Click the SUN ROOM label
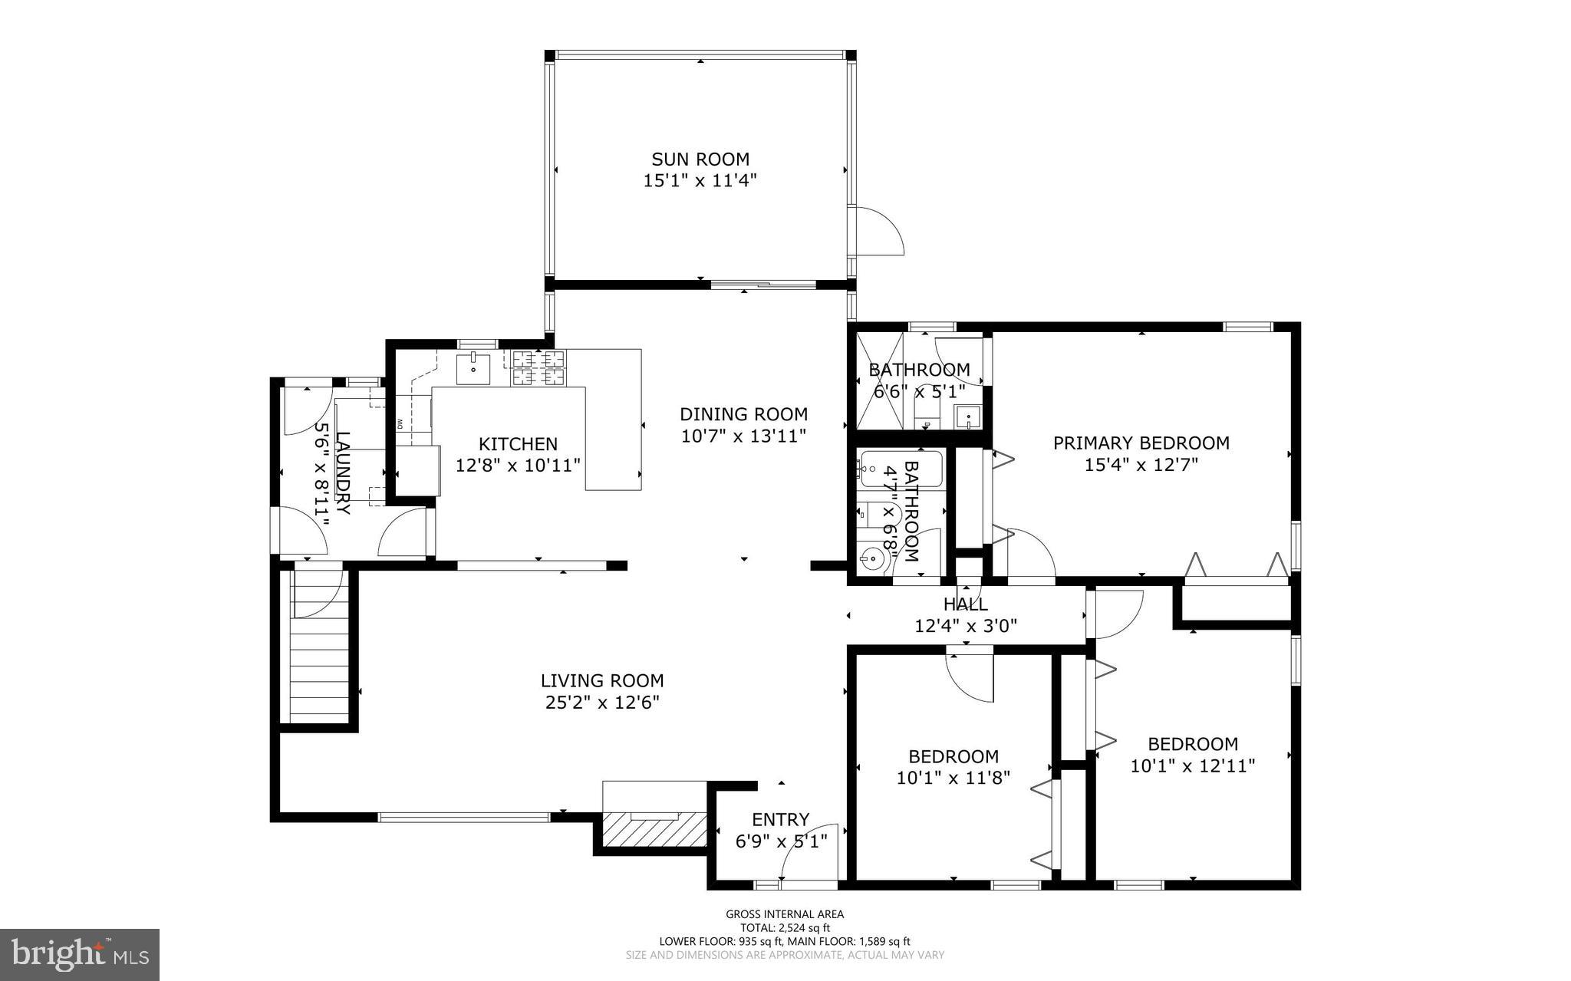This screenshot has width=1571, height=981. pos(700,160)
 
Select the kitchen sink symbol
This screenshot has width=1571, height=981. pos(473,368)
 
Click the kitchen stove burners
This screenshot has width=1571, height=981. pos(538,367)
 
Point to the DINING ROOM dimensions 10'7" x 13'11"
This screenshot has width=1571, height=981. pos(743,436)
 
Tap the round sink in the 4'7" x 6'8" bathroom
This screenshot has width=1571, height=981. pos(871,560)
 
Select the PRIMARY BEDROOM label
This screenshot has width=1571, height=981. pos(1141,443)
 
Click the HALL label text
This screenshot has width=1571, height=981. pos(965,604)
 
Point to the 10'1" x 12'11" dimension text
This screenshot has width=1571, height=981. pos(1192,765)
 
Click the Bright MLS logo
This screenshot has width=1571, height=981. pos(80,954)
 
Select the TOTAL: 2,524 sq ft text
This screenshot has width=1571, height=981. pos(784,927)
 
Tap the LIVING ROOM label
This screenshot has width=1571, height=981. pos(601,680)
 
